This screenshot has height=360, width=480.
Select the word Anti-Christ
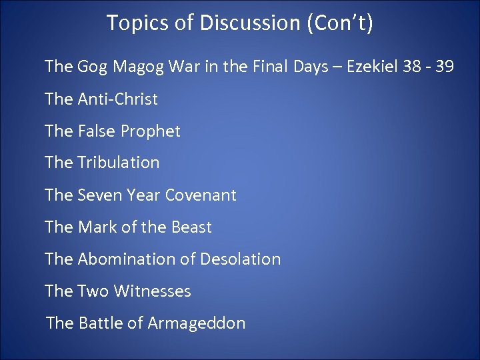[x=118, y=99]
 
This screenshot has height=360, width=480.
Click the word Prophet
[x=151, y=131]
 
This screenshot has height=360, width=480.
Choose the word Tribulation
[x=119, y=163]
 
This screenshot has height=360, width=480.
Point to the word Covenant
[x=201, y=195]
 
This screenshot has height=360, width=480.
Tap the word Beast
[x=191, y=227]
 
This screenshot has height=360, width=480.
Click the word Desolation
[x=241, y=259]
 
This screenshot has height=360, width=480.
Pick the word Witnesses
[x=153, y=291]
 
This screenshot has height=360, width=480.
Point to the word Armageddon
[x=197, y=323]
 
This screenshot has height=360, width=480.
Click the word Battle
[x=101, y=323]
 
